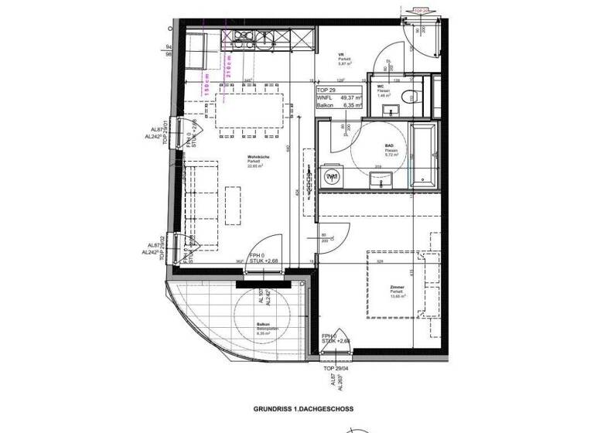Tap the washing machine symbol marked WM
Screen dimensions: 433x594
tap(333, 178)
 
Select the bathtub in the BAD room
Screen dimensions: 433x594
tap(423, 155)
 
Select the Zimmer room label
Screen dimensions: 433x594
tap(397, 288)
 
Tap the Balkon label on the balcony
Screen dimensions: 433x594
tap(265, 326)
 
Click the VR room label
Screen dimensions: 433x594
tap(340, 56)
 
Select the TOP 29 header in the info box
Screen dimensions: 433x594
tap(328, 90)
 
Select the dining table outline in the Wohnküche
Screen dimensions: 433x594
tap(249, 112)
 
